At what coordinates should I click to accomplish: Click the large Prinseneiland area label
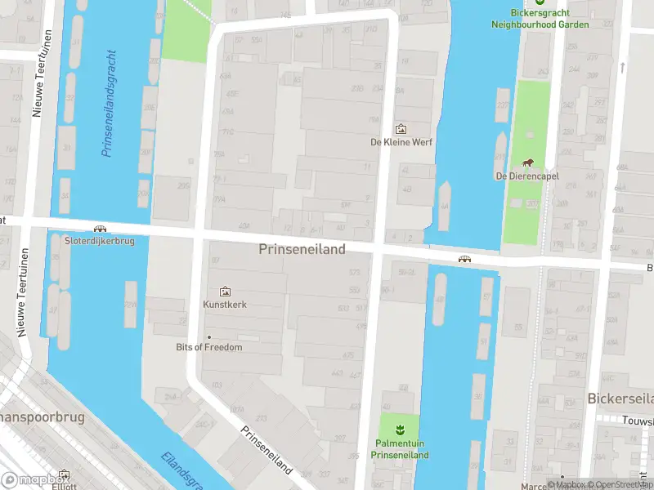tap(302, 249)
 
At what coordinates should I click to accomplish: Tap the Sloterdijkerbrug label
tap(100, 241)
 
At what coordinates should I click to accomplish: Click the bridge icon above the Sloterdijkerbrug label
tap(100, 229)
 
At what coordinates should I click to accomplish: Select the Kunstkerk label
tap(224, 305)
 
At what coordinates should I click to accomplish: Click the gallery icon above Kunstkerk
tap(225, 292)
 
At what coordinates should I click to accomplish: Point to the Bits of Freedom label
tap(209, 347)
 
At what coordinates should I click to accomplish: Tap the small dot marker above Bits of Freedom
tap(209, 336)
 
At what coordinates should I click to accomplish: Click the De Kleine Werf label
tap(401, 142)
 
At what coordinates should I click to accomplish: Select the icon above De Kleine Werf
tap(401, 129)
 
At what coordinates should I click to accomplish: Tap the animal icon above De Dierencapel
tap(527, 163)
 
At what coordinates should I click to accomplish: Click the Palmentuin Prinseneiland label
tap(400, 449)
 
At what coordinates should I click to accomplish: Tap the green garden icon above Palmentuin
tap(400, 430)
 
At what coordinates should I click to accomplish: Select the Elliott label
tap(64, 484)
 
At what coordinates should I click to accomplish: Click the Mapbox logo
tap(33, 480)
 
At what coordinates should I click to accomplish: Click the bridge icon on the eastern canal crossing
tap(464, 259)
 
